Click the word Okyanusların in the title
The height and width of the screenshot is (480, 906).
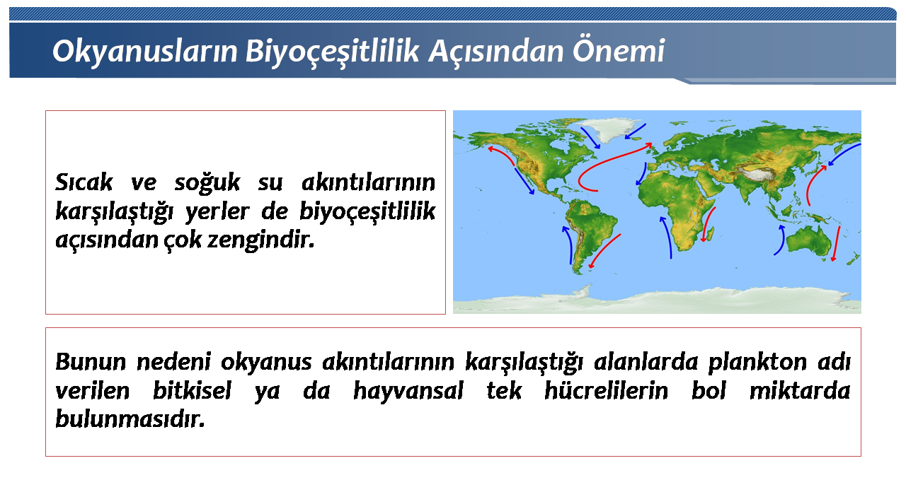[x=144, y=52]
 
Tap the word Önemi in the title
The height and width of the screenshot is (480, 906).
[x=619, y=51]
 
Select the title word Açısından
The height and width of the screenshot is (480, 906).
[x=496, y=52]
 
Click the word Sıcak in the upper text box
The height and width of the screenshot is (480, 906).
[x=84, y=182]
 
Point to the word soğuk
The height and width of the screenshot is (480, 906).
[x=207, y=182]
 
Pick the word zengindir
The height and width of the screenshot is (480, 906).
[x=261, y=240]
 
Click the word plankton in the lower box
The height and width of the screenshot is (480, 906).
[x=757, y=362]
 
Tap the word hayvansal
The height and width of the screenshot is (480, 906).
[x=408, y=391]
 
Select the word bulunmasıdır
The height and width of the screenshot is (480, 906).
[x=130, y=419]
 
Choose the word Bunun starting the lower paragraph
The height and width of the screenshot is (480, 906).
[x=91, y=362]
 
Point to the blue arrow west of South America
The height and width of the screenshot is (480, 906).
[x=568, y=244]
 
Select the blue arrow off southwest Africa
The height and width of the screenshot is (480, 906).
[x=667, y=236]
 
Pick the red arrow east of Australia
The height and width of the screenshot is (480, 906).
[x=836, y=244]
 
